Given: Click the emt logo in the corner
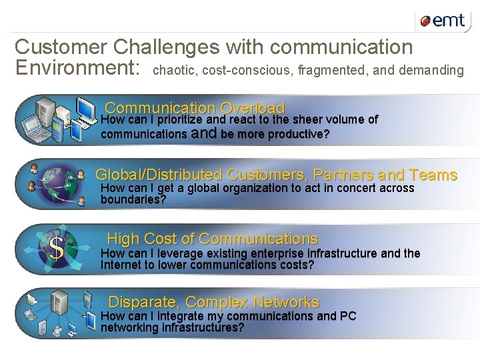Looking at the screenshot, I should click(x=443, y=21).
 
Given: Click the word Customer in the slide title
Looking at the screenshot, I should click(x=61, y=47).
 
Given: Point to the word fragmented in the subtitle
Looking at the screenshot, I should click(x=333, y=70).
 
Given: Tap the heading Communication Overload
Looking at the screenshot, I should click(x=195, y=108).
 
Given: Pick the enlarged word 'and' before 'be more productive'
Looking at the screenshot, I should click(x=204, y=133).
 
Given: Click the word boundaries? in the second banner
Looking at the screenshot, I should click(x=133, y=199).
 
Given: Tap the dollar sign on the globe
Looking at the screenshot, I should click(x=57, y=249).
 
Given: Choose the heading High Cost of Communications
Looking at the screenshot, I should click(x=212, y=239).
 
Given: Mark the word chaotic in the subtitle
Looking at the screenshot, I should click(x=175, y=70).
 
